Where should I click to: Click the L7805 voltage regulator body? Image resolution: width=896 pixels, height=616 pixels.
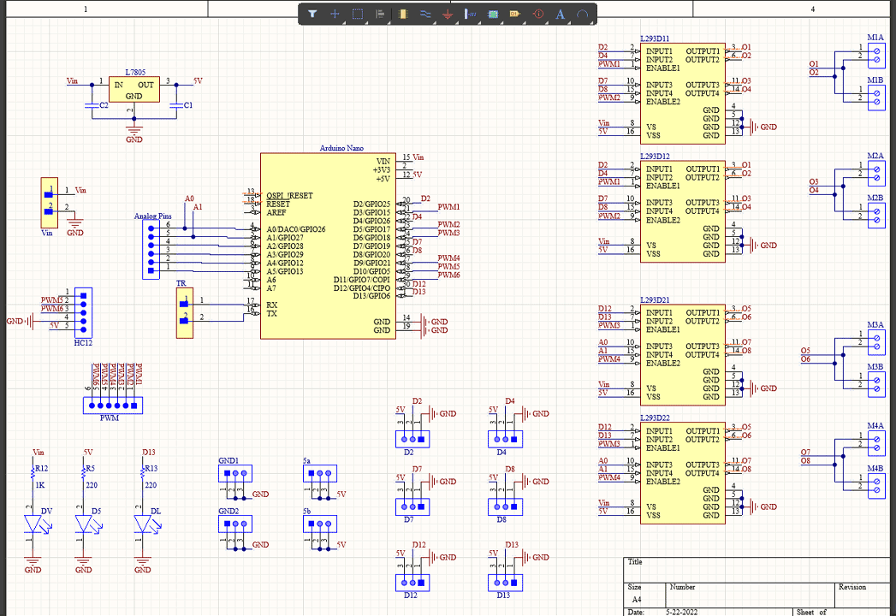pyautogui.click(x=134, y=90)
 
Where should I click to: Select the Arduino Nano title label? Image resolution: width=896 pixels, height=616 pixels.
pyautogui.click(x=341, y=149)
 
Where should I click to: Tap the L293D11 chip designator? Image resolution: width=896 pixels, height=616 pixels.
pyautogui.click(x=655, y=39)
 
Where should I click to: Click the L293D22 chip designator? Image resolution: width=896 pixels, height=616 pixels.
pyautogui.click(x=655, y=418)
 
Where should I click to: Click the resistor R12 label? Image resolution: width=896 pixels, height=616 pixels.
pyautogui.click(x=41, y=468)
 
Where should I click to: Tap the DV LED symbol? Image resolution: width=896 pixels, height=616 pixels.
pyautogui.click(x=34, y=524)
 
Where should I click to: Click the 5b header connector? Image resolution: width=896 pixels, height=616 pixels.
pyautogui.click(x=319, y=523)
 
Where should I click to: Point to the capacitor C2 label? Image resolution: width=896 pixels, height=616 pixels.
pyautogui.click(x=103, y=104)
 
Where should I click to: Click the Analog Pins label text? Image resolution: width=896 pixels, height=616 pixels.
pyautogui.click(x=152, y=216)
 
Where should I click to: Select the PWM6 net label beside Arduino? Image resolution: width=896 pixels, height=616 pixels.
pyautogui.click(x=448, y=275)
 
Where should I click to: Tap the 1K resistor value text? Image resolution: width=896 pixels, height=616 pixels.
pyautogui.click(x=39, y=485)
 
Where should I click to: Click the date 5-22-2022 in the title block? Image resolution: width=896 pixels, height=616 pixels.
pyautogui.click(x=679, y=612)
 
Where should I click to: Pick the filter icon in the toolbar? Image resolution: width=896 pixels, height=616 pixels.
pyautogui.click(x=312, y=14)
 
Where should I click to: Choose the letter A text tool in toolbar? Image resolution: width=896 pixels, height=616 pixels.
pyautogui.click(x=561, y=14)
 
